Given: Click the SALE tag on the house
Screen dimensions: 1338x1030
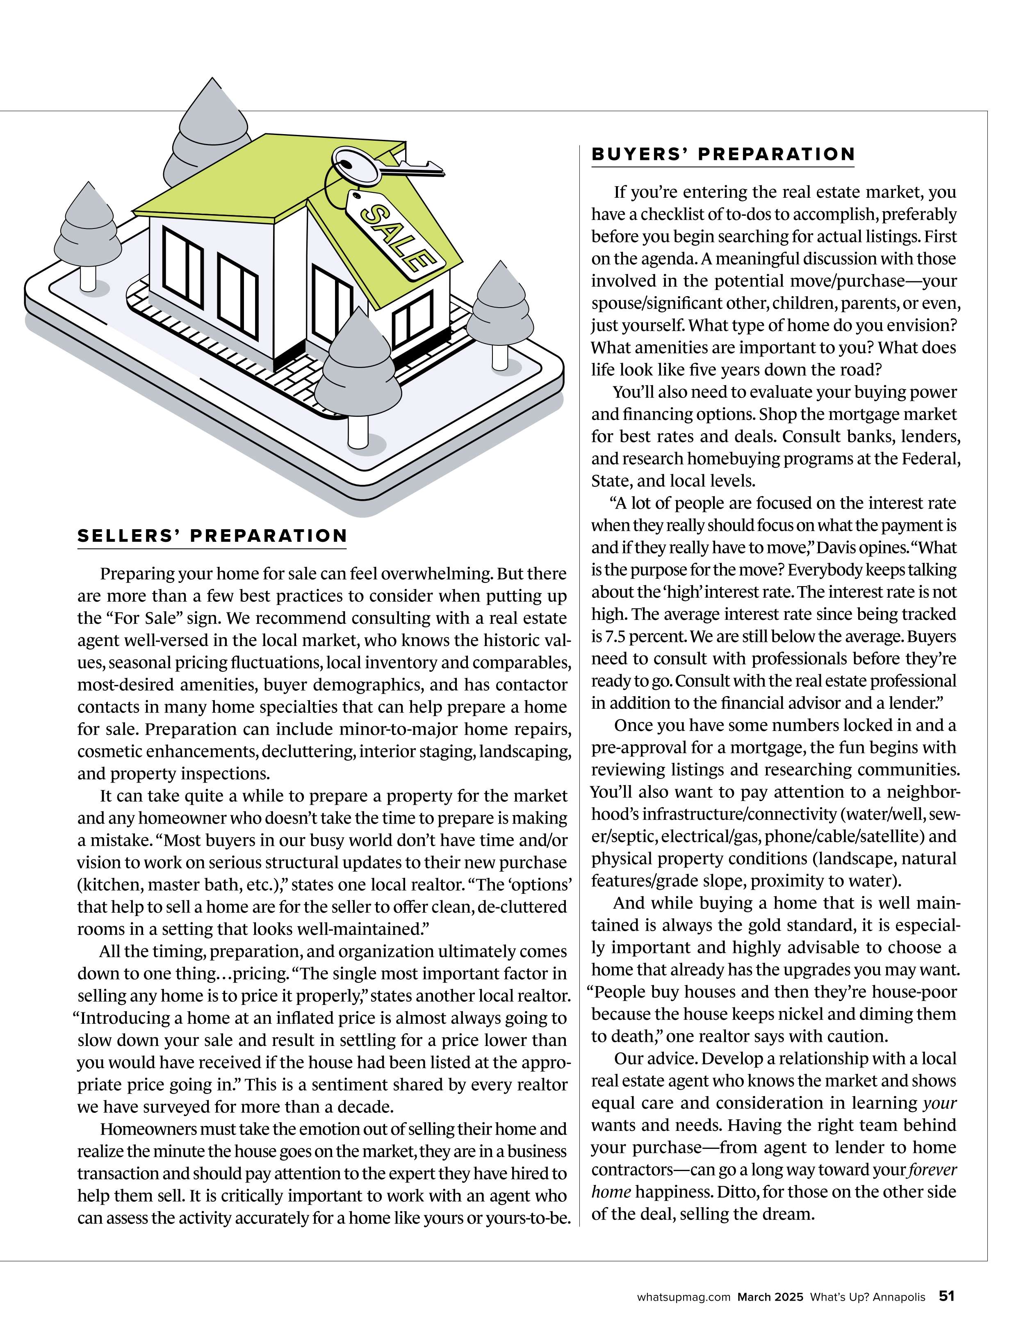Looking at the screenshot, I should (394, 236).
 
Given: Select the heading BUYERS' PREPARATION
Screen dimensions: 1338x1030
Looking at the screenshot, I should (722, 154).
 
